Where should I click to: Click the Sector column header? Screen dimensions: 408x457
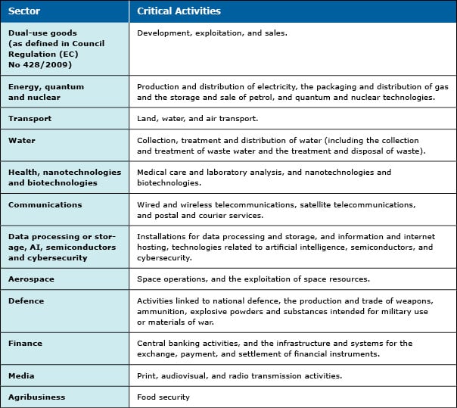click(25, 11)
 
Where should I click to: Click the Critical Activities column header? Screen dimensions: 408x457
click(179, 11)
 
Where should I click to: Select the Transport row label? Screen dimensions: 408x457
click(29, 118)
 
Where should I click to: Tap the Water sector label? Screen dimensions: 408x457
click(22, 140)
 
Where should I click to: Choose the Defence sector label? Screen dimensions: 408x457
click(26, 301)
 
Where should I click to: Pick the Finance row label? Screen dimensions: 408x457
click(26, 343)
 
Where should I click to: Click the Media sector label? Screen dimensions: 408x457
click(21, 375)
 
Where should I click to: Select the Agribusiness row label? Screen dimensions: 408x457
click(37, 397)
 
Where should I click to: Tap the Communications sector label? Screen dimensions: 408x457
click(45, 204)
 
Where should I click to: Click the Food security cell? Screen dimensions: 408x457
click(163, 397)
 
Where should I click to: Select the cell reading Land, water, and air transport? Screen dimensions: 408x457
click(197, 118)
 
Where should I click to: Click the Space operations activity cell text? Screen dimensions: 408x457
click(253, 279)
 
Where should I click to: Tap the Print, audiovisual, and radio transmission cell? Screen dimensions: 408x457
click(239, 375)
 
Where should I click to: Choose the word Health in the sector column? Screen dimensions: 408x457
click(23, 173)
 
